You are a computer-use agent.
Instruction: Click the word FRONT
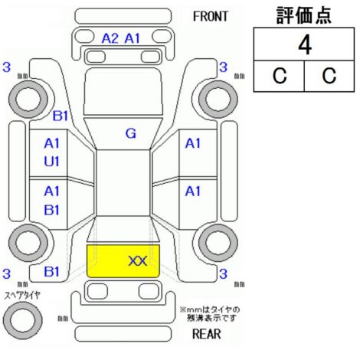point(210,16)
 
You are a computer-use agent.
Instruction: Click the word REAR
point(206,334)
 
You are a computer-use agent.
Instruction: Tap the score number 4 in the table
point(305,45)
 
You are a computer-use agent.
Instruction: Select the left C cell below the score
point(280,76)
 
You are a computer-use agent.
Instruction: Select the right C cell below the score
point(329,76)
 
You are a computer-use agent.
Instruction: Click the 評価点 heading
point(304,15)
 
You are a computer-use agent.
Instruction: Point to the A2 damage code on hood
point(110,38)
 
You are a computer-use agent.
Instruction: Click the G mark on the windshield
point(131,133)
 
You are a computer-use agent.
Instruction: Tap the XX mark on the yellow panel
point(138,261)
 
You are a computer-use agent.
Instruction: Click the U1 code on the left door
point(51,162)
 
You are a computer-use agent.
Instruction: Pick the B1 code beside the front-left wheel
point(61,116)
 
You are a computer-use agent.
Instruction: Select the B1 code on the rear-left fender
point(51,272)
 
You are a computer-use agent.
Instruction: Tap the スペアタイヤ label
point(22,296)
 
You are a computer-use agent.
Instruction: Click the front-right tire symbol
point(218,100)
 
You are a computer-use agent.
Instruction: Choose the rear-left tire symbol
point(28,243)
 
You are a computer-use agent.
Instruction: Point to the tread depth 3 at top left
point(7,67)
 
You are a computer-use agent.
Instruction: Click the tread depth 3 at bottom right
point(223,274)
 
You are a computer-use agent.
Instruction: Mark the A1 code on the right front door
point(193,143)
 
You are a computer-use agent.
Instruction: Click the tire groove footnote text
point(210,314)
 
